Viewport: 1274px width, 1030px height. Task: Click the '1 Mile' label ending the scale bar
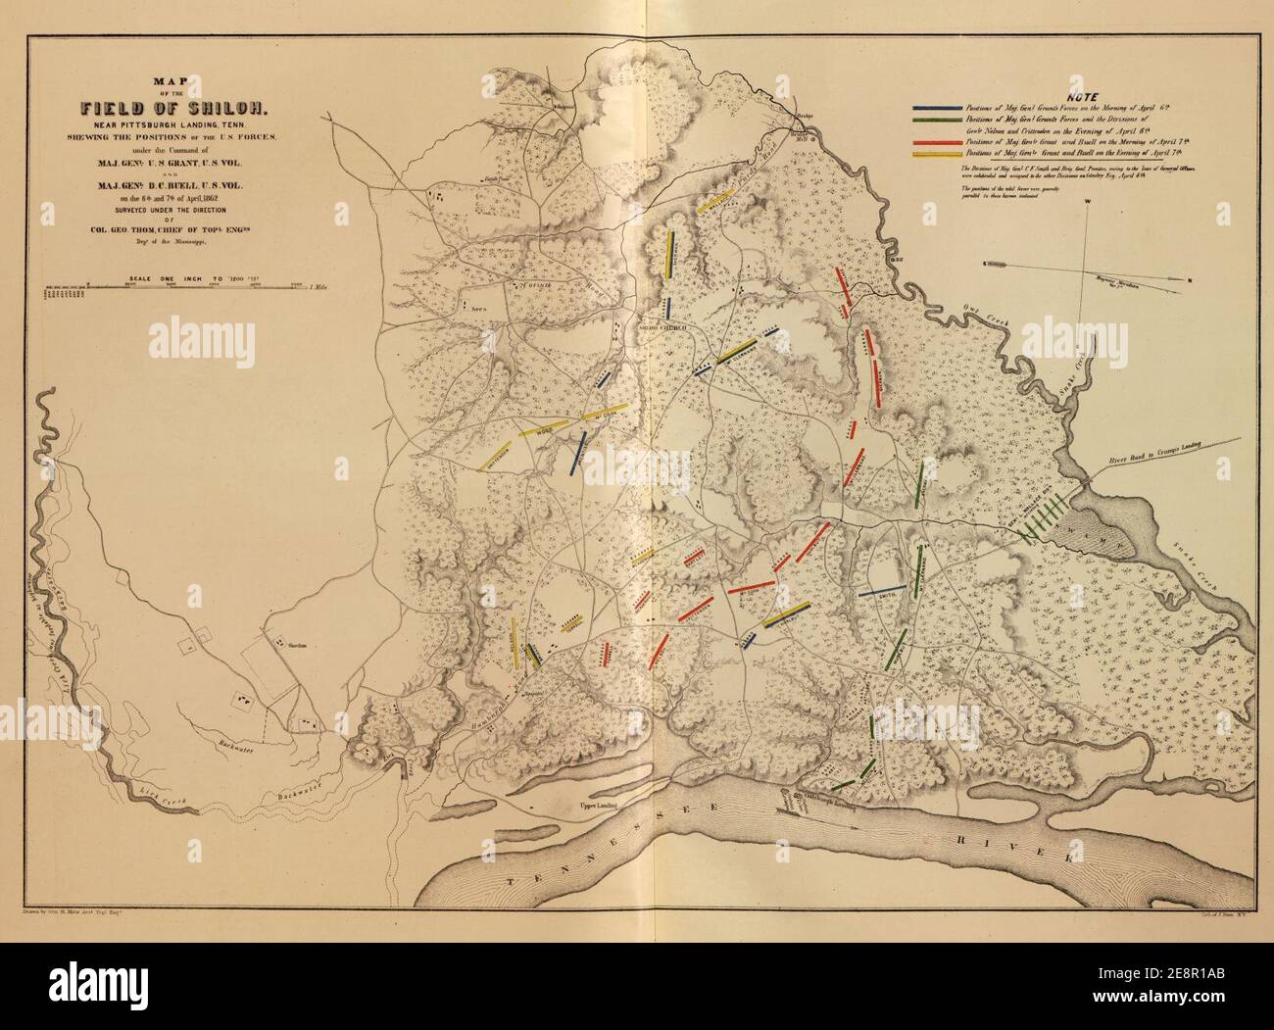[316, 287]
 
